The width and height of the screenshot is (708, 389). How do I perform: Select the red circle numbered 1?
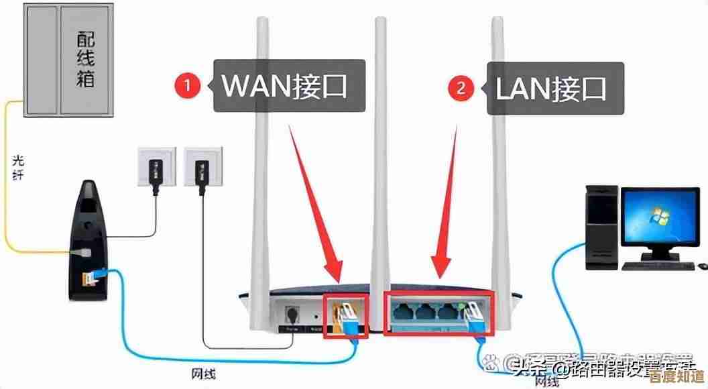188,86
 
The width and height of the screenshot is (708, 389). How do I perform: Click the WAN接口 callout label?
289,86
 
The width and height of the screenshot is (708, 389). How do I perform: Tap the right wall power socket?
201,166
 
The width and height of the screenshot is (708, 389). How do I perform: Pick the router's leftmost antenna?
261,168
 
